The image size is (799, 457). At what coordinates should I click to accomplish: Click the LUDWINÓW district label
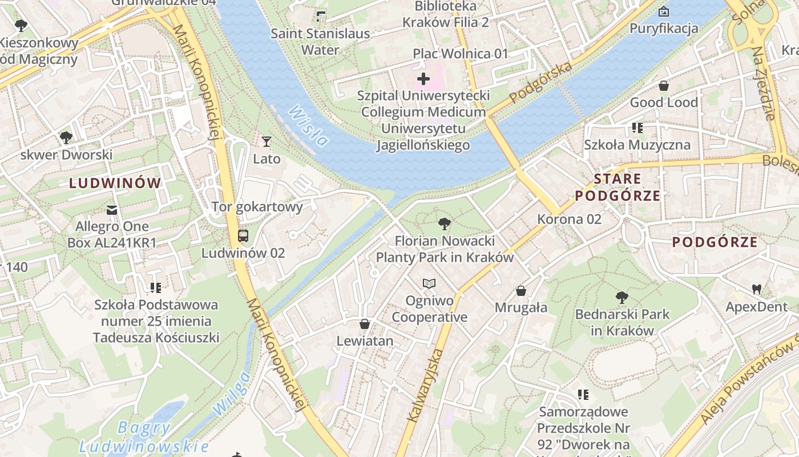pyautogui.click(x=115, y=183)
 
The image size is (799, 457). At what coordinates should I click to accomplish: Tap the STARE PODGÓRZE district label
pyautogui.click(x=618, y=187)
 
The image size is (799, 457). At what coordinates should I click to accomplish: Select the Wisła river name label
pyautogui.click(x=308, y=126)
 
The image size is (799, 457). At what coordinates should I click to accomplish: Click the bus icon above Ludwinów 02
pyautogui.click(x=243, y=235)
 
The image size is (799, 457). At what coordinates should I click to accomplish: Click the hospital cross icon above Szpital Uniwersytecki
pyautogui.click(x=423, y=78)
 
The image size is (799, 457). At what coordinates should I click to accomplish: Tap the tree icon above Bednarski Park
pyautogui.click(x=622, y=297)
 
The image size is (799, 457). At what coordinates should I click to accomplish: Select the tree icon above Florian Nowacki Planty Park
pyautogui.click(x=444, y=223)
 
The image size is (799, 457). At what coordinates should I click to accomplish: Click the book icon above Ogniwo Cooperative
pyautogui.click(x=429, y=283)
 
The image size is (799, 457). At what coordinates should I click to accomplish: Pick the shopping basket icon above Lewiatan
pyautogui.click(x=365, y=324)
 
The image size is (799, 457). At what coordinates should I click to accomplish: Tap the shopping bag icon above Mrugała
pyautogui.click(x=521, y=291)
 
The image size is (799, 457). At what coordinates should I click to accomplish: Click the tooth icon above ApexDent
pyautogui.click(x=757, y=290)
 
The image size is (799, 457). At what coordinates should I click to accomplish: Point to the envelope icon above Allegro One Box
pyautogui.click(x=112, y=210)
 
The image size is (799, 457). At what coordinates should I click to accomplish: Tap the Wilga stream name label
pyautogui.click(x=232, y=393)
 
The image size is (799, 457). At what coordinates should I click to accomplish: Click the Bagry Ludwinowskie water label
pyautogui.click(x=144, y=436)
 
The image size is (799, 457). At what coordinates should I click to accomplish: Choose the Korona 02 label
pyautogui.click(x=569, y=219)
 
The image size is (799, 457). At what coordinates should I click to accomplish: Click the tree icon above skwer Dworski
pyautogui.click(x=66, y=137)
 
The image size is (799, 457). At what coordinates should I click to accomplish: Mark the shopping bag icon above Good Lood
pyautogui.click(x=664, y=86)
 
